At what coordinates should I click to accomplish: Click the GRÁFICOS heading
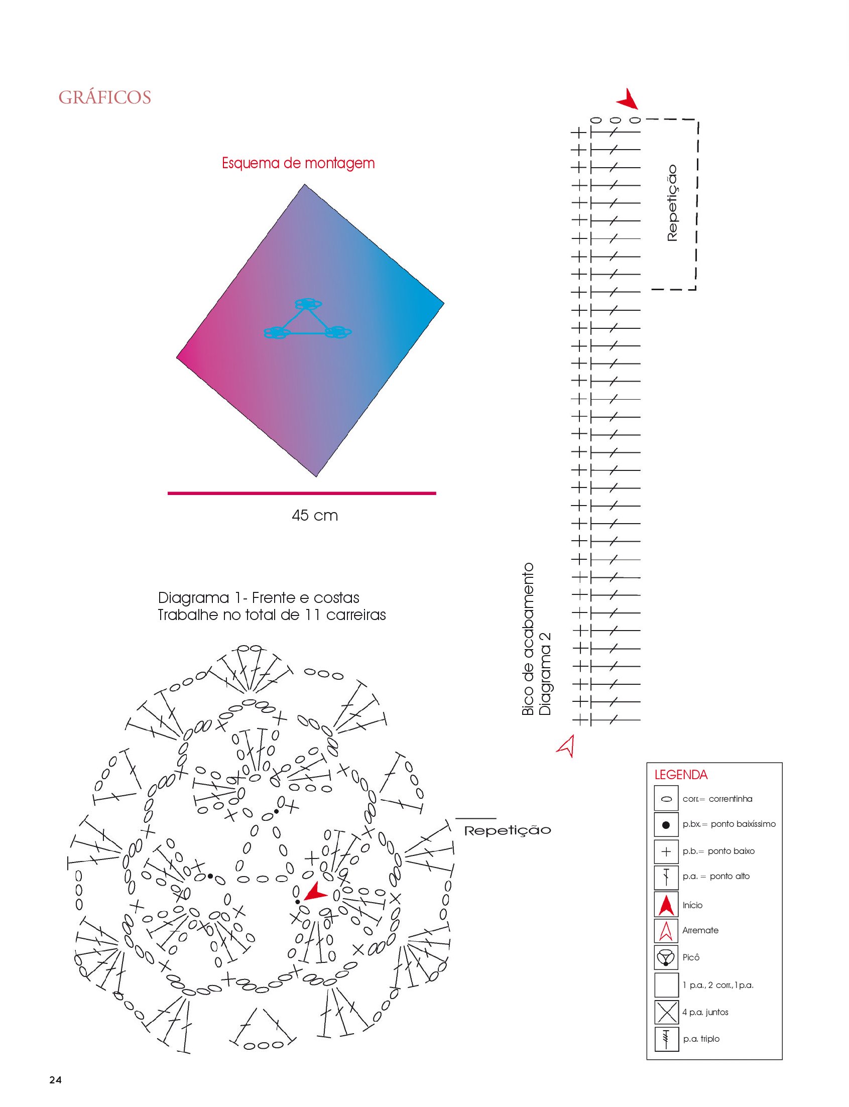coord(105,97)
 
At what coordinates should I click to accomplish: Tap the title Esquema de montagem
coord(298,163)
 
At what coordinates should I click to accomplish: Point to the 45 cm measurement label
coord(314,516)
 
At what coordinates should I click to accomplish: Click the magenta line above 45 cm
coord(302,493)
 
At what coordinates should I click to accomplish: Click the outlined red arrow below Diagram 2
coord(567,746)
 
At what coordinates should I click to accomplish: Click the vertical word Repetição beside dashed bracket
coord(672,203)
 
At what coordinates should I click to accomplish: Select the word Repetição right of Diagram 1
coord(508,831)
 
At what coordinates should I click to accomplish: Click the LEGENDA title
coord(681,775)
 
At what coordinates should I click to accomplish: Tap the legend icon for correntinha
coord(666,800)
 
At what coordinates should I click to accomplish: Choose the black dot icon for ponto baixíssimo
coord(666,824)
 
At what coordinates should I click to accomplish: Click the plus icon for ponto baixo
coord(666,851)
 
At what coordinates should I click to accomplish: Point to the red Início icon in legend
coord(666,905)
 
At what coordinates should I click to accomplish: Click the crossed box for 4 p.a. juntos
coord(666,1012)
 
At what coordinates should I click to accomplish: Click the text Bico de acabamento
coord(528,639)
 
